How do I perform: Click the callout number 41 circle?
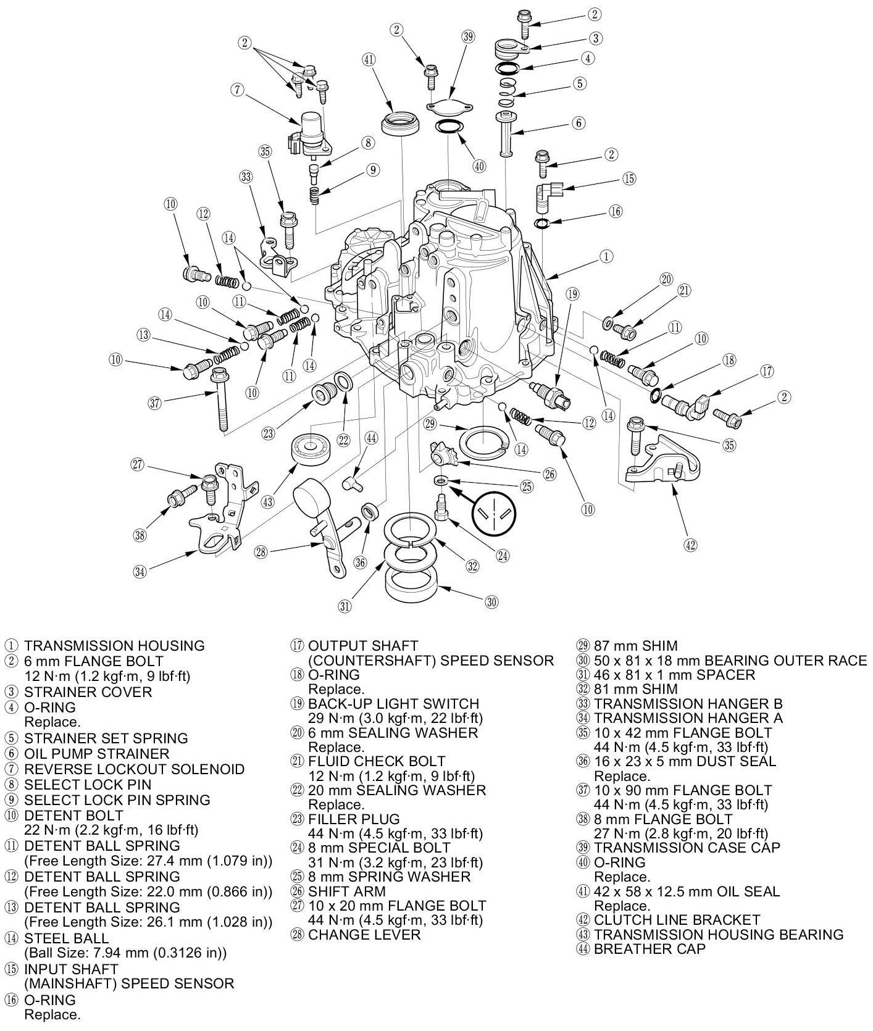(x=369, y=60)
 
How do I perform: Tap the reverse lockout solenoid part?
(x=311, y=133)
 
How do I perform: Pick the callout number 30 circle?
(x=491, y=602)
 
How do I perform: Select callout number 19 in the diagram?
(x=572, y=294)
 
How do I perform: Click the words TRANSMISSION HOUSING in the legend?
(x=114, y=646)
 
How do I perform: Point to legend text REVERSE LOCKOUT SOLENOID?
(x=134, y=769)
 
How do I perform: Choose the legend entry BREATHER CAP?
(x=649, y=949)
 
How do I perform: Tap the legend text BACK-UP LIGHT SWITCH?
(x=393, y=704)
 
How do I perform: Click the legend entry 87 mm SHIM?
(x=635, y=646)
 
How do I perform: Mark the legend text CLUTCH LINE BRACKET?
(x=677, y=920)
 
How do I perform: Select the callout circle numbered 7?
(x=238, y=90)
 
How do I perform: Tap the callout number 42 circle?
(x=690, y=545)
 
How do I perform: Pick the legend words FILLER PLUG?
(x=354, y=819)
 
